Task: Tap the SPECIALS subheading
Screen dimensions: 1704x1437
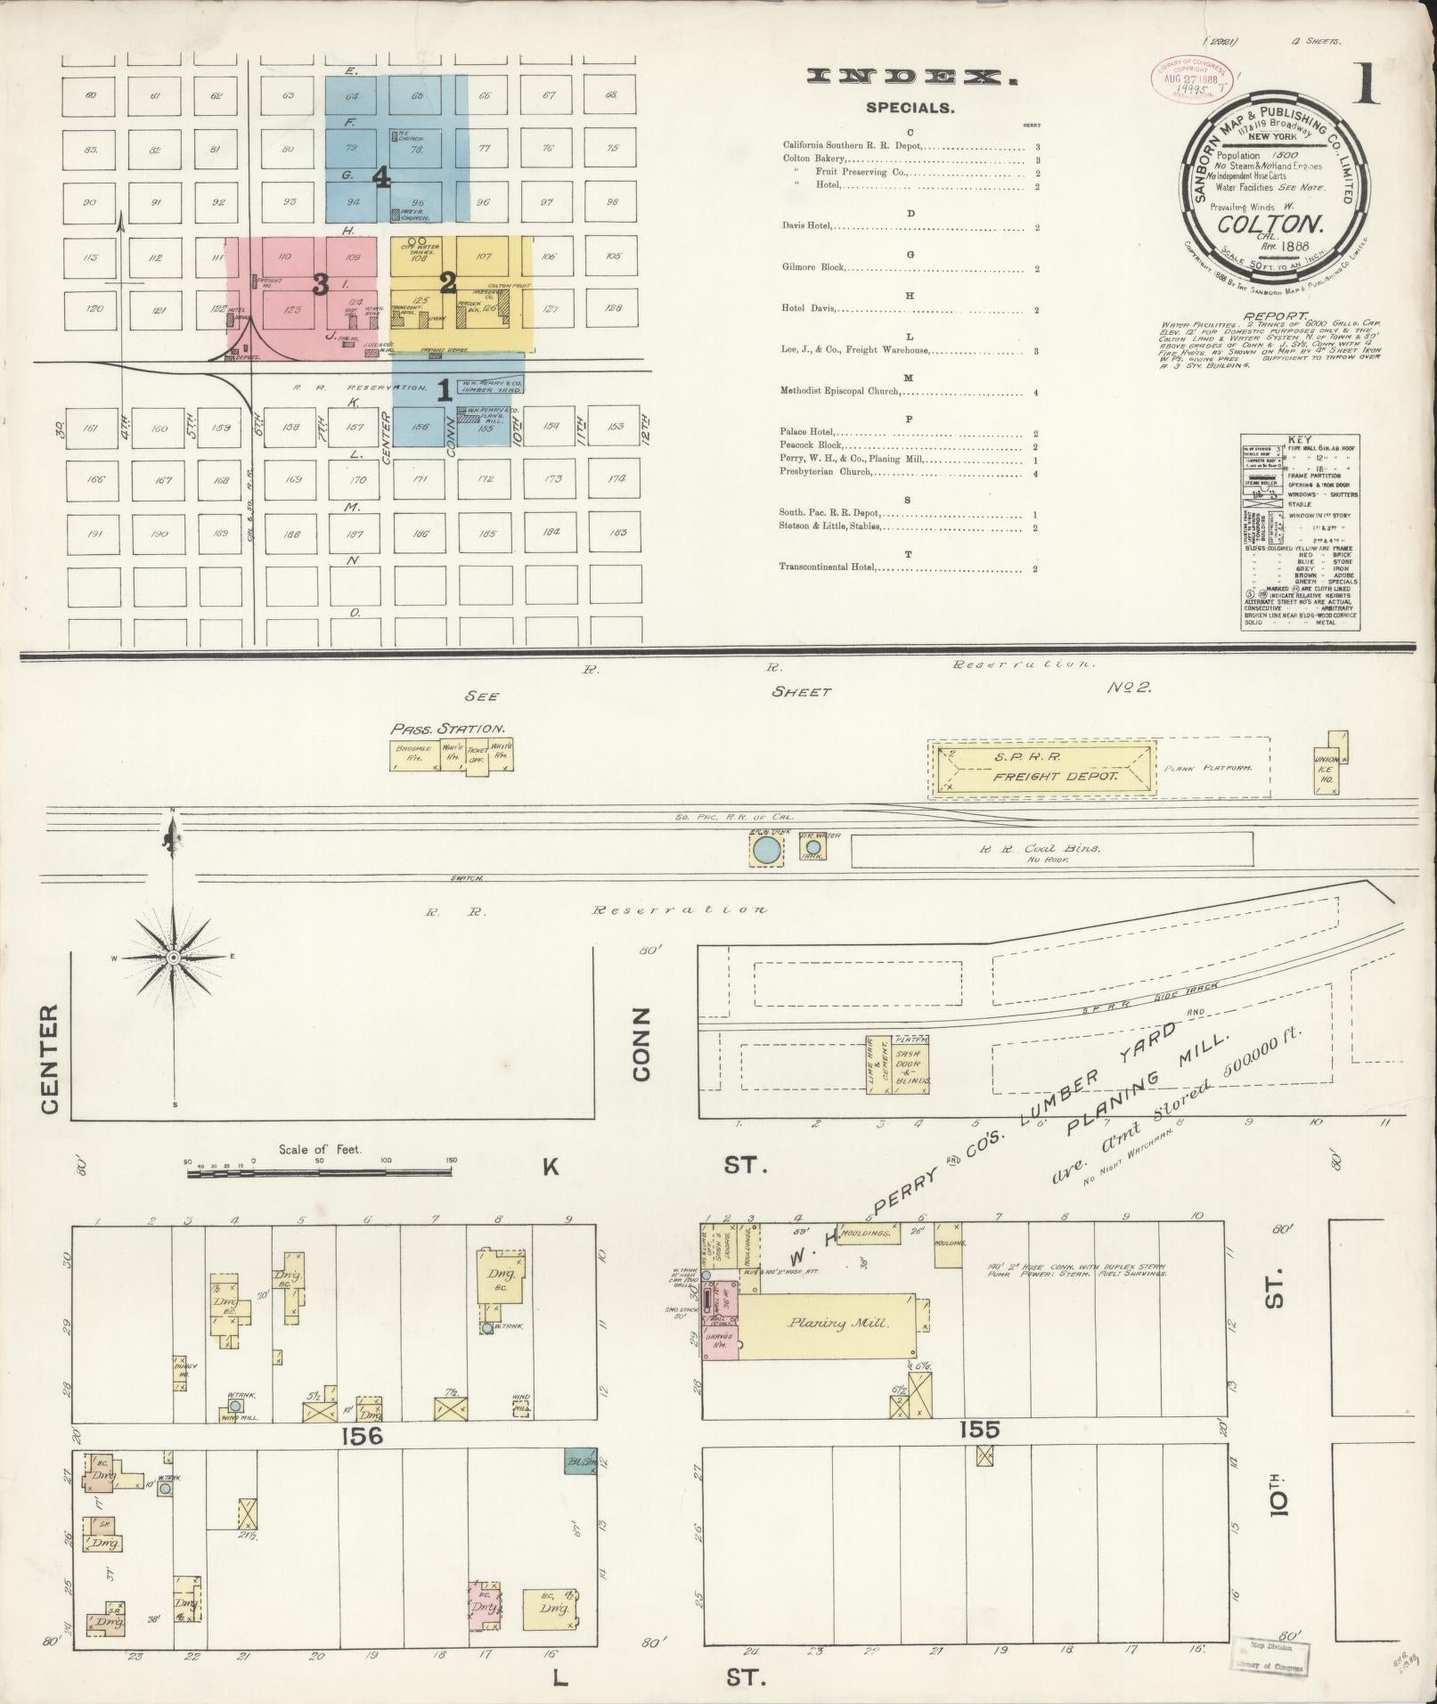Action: click(x=910, y=109)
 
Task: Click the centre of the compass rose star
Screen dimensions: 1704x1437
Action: click(x=174, y=957)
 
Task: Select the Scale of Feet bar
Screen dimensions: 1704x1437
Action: click(x=319, y=1173)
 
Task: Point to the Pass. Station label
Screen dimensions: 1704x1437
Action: click(x=448, y=727)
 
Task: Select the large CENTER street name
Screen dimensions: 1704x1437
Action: click(x=49, y=1059)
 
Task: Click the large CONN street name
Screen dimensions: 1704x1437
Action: click(x=642, y=1043)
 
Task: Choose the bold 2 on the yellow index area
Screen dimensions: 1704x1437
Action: click(x=448, y=284)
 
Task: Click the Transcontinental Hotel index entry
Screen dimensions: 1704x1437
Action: click(x=828, y=567)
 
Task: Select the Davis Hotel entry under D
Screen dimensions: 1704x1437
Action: click(x=807, y=226)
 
